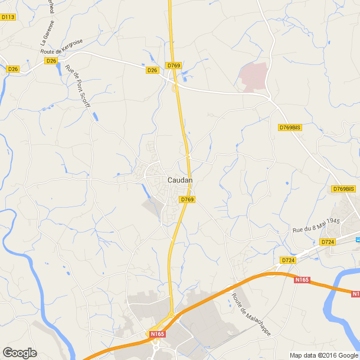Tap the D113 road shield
coord(8,17)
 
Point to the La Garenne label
coord(48,33)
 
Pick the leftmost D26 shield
coord(13,69)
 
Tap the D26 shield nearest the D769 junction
coord(153,70)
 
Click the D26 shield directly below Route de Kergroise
coord(51,61)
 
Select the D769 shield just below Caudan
coord(187,199)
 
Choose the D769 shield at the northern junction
coord(173,66)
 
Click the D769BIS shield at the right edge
coord(343,189)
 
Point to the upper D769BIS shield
coord(290,127)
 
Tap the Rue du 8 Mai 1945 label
coord(316,225)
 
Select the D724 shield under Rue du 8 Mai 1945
coord(328,242)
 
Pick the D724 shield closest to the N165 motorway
coord(288,260)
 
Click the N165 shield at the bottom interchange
coord(156,335)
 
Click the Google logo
coord(19,353)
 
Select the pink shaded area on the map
coord(253,76)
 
